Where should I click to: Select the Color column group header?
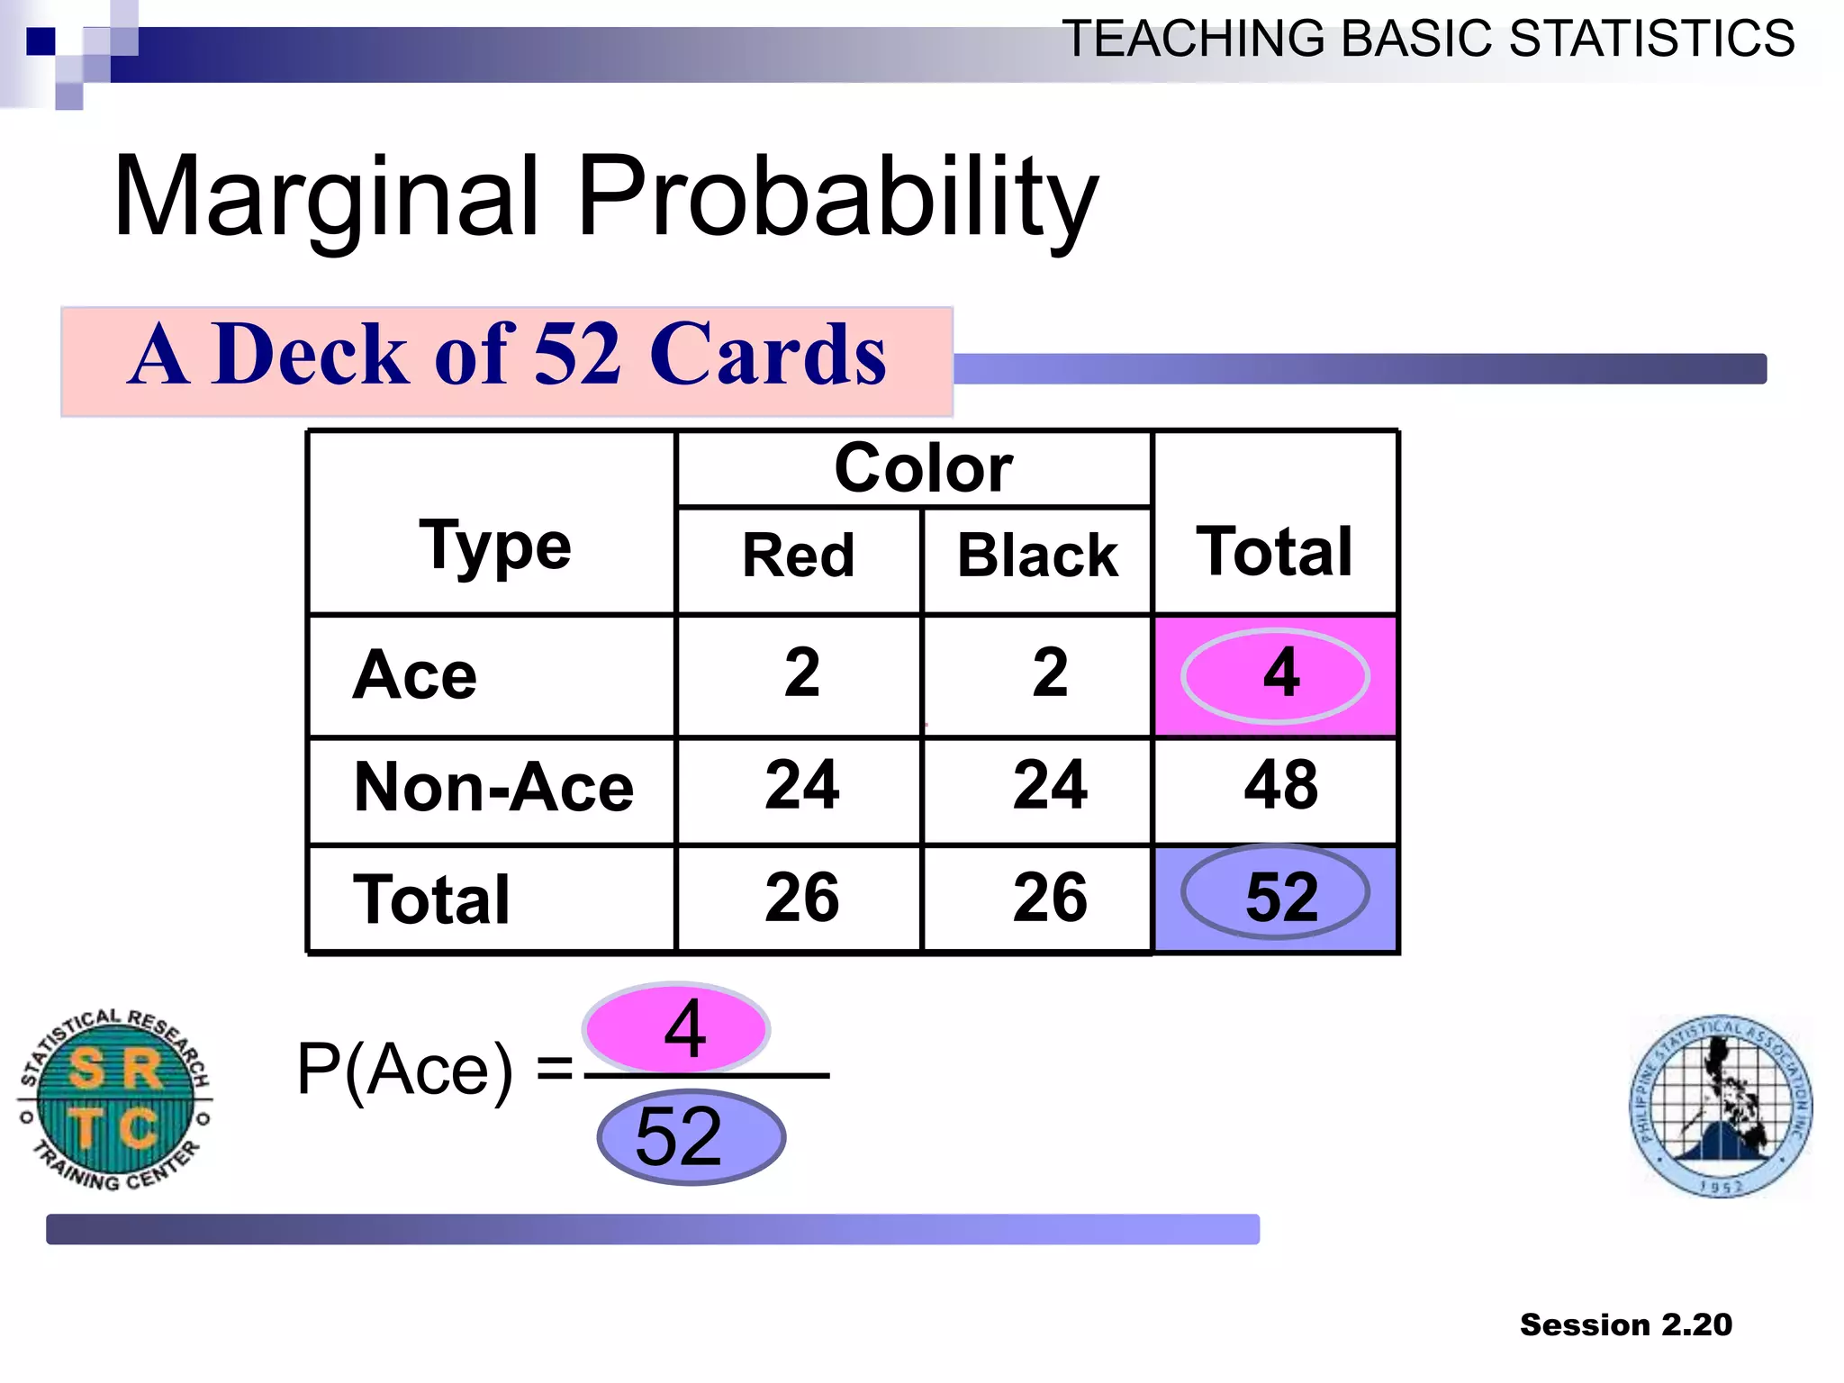[x=923, y=468]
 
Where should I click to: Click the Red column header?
[x=799, y=556]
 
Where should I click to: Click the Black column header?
[x=1037, y=556]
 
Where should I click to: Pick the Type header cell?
[x=494, y=545]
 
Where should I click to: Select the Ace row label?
[x=415, y=675]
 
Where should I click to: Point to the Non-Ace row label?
[x=493, y=787]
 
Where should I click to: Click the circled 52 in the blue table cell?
[x=1280, y=897]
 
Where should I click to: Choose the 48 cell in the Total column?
[x=1280, y=785]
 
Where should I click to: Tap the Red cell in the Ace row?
[x=801, y=673]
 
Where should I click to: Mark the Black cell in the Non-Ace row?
[x=1050, y=785]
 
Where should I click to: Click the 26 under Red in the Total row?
[x=801, y=897]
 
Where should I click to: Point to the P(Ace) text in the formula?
[x=405, y=1070]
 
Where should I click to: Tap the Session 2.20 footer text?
[x=1625, y=1324]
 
